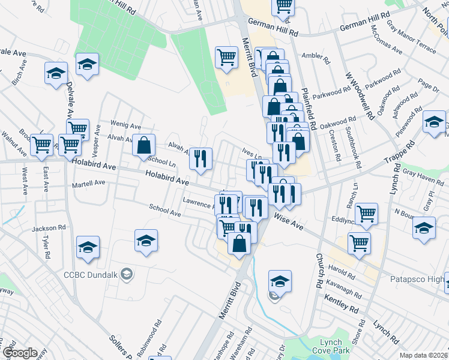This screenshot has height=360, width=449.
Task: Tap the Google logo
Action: tap(20, 353)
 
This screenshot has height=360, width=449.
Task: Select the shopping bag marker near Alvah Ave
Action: tap(144, 145)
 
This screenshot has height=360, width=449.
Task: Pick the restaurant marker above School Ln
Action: tap(200, 158)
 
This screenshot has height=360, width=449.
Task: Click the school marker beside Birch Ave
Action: tap(56, 74)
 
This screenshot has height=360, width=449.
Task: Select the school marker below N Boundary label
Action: tap(424, 228)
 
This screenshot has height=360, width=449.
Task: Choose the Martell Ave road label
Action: tap(89, 182)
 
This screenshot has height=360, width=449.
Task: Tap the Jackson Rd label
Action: tap(49, 228)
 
